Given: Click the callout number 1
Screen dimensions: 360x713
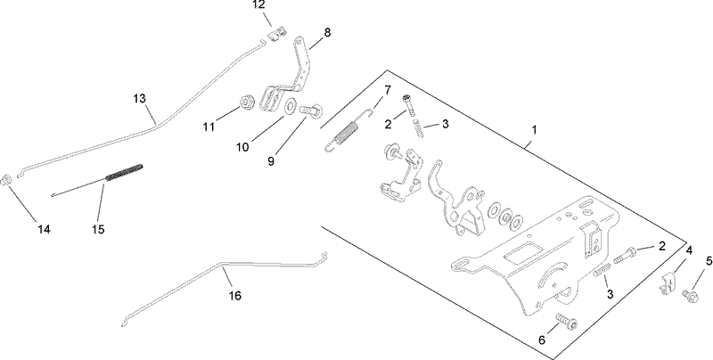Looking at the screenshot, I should (533, 130).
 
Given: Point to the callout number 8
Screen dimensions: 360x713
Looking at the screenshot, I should (327, 33).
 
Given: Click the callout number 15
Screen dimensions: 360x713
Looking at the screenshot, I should (98, 229).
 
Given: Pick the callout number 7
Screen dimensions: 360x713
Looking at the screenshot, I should (387, 90).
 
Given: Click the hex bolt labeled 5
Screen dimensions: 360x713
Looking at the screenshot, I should (689, 295).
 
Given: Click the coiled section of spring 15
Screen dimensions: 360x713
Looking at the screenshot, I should (124, 172).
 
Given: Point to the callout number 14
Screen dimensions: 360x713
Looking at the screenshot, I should (43, 229).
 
